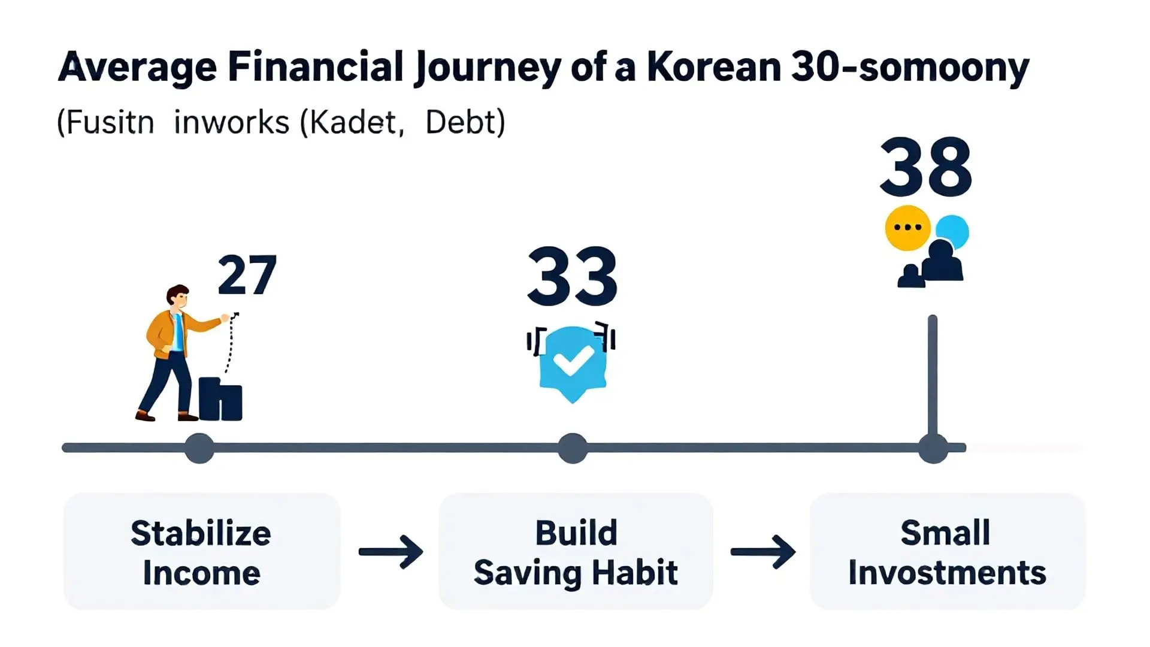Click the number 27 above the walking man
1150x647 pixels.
tap(247, 276)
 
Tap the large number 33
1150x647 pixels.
tap(572, 277)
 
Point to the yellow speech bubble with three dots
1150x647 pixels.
tap(907, 228)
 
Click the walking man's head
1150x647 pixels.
tap(178, 296)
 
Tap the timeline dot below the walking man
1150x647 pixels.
tap(199, 448)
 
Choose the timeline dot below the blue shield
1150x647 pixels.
tap(573, 448)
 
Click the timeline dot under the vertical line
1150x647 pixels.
tap(933, 448)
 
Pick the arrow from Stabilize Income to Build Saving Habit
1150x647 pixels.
tap(391, 552)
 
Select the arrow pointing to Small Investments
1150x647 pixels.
tap(762, 552)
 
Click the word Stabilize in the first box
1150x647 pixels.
tap(201, 533)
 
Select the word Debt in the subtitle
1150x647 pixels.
tap(465, 123)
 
